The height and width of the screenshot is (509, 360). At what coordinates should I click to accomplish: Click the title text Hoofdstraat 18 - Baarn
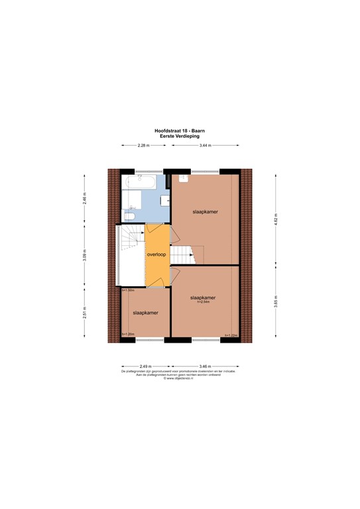pos(180,131)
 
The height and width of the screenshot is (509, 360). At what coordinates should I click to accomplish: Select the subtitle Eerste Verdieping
pos(180,137)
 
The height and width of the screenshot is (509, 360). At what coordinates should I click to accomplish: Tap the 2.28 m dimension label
pos(143,146)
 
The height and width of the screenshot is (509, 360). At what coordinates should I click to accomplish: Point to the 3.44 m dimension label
pos(205,146)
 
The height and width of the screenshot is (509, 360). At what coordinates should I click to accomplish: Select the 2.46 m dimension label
pos(84,197)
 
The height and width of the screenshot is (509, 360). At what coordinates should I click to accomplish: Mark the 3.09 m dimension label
pos(84,255)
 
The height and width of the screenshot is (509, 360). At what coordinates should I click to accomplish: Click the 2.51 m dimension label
pos(84,314)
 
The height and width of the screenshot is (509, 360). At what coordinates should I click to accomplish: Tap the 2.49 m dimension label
pos(146,366)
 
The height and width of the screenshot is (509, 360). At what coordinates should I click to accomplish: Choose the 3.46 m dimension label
pos(205,366)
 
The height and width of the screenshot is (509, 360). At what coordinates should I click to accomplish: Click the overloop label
pos(157,254)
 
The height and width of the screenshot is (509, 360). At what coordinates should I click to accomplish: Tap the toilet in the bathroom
pos(129,216)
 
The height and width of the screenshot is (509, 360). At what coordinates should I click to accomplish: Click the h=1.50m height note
pos(128,290)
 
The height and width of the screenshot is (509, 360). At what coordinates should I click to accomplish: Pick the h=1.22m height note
pos(231,335)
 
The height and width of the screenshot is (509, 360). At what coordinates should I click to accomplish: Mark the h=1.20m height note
pos(128,335)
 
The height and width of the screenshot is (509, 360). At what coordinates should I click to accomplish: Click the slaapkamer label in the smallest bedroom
pos(145,312)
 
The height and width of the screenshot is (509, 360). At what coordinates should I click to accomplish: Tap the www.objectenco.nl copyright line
pos(180,379)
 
